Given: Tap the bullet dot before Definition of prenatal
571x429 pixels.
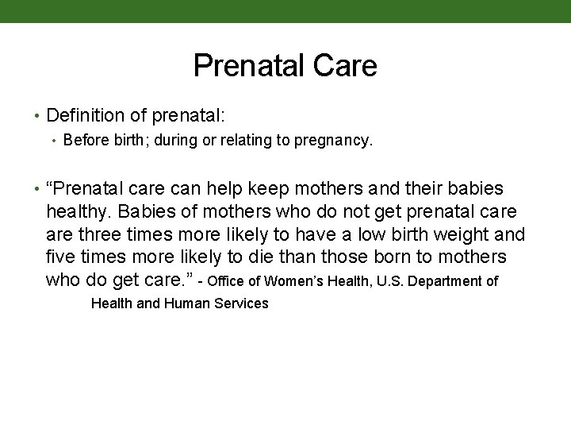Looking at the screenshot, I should tap(37, 117).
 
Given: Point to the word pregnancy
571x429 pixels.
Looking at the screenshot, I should tap(335, 142).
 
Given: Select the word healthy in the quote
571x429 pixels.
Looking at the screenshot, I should tap(79, 212).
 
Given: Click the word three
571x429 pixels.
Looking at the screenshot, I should tap(99, 235).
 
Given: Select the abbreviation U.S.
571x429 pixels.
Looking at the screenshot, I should tap(382, 281).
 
